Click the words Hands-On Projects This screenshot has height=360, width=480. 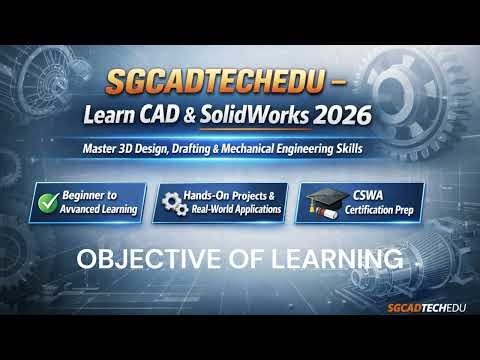[235, 195]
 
